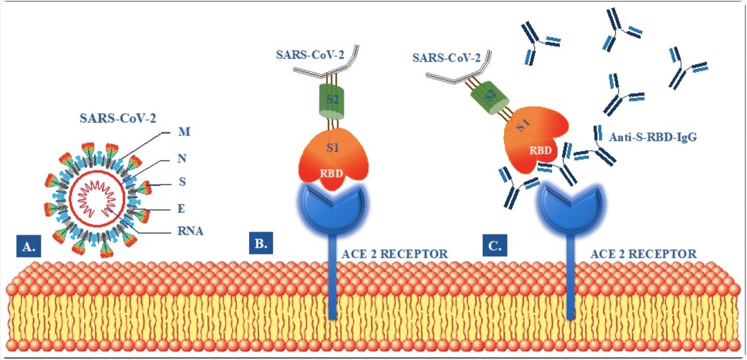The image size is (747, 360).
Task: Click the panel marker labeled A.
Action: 28,247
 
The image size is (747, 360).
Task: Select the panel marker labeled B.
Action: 260,243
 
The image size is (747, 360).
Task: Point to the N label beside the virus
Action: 182,159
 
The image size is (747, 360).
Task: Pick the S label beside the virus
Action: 182,184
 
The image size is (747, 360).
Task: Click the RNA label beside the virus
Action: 190,232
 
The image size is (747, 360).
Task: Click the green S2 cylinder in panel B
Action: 332,99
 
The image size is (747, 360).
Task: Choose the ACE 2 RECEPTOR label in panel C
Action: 643,253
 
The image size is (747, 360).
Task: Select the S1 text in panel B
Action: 332,147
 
